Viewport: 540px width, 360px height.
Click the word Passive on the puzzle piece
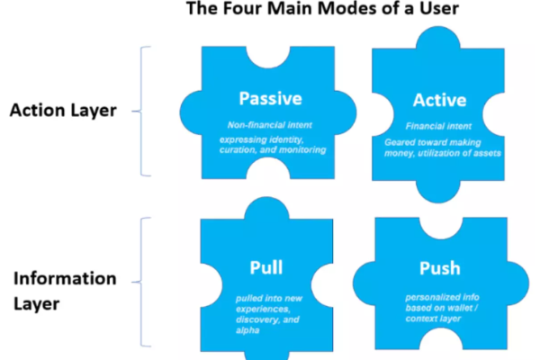270,98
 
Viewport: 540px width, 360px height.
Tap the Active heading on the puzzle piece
439,100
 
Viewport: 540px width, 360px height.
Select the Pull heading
266,267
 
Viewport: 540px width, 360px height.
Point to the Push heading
440,268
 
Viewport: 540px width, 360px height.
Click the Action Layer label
63,110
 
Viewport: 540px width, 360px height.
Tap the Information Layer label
65,291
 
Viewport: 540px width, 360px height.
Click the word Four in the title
243,8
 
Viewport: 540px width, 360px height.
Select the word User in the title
439,8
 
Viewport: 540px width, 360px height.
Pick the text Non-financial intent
270,125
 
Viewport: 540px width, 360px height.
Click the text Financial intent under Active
438,126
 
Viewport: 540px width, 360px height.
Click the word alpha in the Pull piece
247,330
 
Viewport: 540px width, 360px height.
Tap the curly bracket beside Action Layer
141,111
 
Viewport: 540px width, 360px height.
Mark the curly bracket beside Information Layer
141,282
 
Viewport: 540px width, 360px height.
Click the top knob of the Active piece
438,37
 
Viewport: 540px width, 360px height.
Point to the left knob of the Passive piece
191,112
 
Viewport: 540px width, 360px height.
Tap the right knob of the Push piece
518,283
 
